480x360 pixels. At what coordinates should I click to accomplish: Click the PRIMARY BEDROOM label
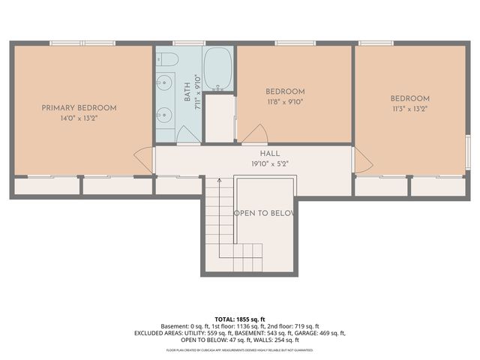(x=79, y=108)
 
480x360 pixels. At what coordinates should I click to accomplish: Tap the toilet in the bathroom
(x=169, y=59)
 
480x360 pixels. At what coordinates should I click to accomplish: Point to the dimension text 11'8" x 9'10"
(x=286, y=103)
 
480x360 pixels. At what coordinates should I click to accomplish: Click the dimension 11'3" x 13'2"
(x=409, y=109)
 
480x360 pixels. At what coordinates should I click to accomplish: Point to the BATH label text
(x=187, y=94)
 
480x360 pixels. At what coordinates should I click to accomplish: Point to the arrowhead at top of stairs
(x=219, y=181)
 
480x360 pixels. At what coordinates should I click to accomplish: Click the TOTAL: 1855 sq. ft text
(x=239, y=319)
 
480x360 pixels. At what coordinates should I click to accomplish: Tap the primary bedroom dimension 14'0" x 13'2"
(x=79, y=118)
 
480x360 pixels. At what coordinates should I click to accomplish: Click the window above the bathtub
(x=220, y=43)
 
